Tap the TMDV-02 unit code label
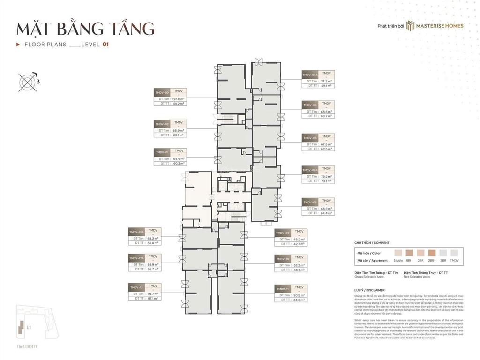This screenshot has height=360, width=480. pos(162,124)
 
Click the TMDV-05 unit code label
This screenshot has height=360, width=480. pos(310,105)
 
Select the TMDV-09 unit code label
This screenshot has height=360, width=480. pos(283,233)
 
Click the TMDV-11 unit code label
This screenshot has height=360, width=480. pos(283,289)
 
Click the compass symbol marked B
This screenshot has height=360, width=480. pos(27,82)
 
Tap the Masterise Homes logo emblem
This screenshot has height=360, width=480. pos(411,25)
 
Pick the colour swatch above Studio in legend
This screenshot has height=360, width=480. pos(398,252)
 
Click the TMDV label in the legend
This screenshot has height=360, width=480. pos(454,260)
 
